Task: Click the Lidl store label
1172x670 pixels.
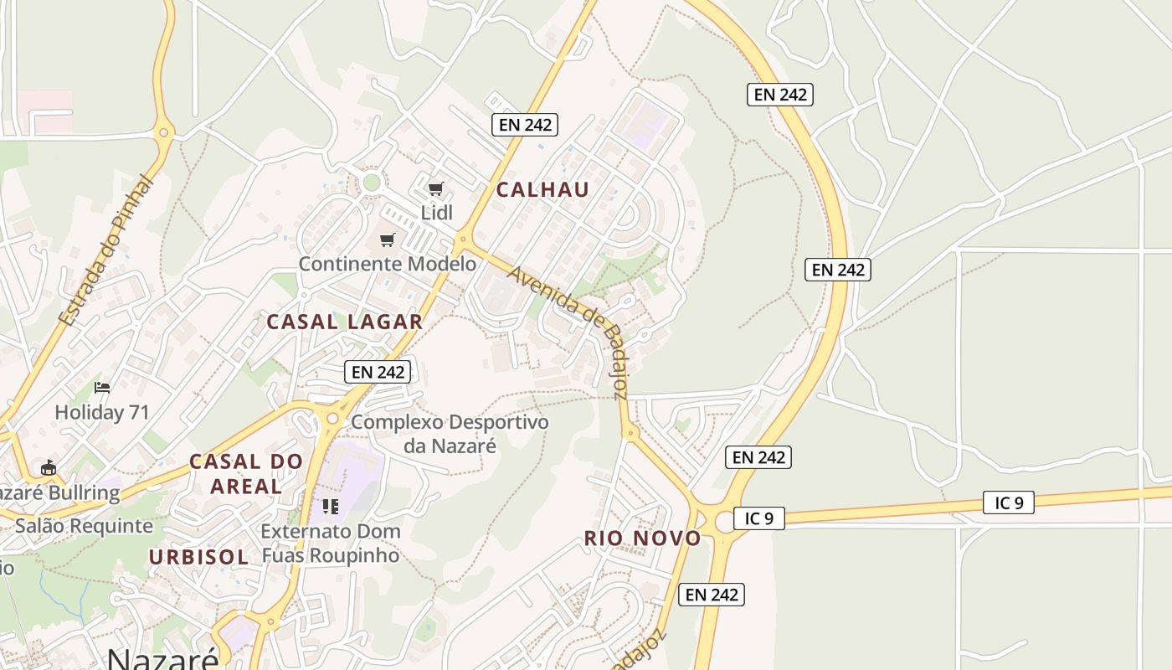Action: tap(436, 213)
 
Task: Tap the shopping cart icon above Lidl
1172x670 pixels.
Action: tap(435, 188)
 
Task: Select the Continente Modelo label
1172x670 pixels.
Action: tap(388, 264)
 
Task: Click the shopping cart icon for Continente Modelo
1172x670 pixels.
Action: tap(387, 240)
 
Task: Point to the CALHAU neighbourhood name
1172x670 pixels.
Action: tap(542, 189)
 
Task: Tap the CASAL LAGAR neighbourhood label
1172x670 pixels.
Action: tap(345, 322)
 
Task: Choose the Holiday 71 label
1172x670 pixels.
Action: tap(101, 412)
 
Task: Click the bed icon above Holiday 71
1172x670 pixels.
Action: tap(102, 387)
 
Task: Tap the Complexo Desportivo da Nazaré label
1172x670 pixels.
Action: tap(450, 433)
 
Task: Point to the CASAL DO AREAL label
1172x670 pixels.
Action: tap(246, 473)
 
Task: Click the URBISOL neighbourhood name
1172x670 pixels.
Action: tap(198, 557)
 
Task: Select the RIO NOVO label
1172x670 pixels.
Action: tap(642, 539)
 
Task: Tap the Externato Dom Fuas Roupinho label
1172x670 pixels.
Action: tap(331, 543)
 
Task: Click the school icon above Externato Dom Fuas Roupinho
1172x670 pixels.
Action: tap(331, 506)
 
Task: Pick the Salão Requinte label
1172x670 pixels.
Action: tap(84, 526)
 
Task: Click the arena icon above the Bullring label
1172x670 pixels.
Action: tap(49, 467)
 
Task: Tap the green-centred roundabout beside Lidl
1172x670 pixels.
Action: tap(372, 182)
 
